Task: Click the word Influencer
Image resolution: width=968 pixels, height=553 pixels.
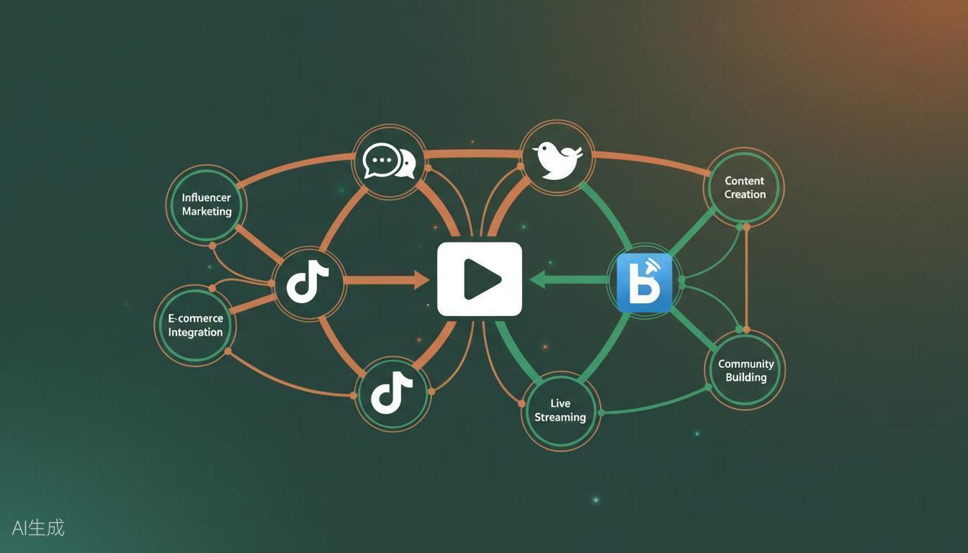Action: click(206, 197)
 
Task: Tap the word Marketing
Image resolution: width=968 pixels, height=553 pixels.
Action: click(207, 212)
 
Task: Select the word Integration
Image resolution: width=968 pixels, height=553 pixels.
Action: click(195, 332)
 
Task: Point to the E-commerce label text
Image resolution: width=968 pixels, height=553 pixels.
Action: click(195, 318)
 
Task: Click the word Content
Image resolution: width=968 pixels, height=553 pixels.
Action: click(744, 181)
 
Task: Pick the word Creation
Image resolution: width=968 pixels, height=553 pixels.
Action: click(745, 194)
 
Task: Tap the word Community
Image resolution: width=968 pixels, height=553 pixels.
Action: click(746, 364)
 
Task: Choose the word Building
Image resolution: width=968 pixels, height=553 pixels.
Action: click(746, 377)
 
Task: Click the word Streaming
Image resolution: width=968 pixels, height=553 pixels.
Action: click(560, 418)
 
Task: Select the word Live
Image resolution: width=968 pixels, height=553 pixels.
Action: click(560, 403)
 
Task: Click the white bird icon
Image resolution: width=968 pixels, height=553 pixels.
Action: click(557, 161)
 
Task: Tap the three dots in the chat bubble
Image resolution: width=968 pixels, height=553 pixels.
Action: click(382, 160)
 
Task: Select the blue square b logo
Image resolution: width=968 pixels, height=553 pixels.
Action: click(645, 283)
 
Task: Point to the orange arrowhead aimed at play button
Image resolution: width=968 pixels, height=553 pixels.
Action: click(421, 280)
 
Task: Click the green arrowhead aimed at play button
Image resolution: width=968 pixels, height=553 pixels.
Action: click(537, 279)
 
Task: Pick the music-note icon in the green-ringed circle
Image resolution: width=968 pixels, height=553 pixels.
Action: click(392, 392)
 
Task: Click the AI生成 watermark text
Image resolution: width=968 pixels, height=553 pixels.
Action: click(38, 528)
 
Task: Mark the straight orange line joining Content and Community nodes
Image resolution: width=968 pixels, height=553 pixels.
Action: click(746, 278)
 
